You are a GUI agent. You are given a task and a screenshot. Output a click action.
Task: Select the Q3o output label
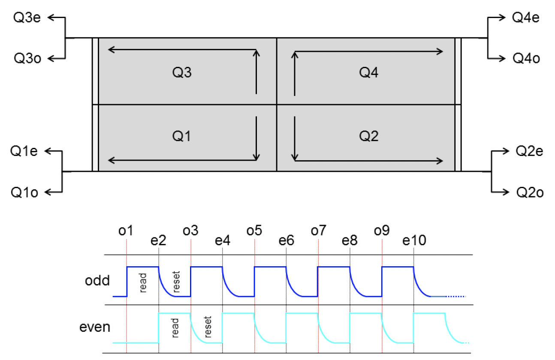[x=27, y=58]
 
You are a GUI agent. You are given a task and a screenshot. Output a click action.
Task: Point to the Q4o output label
[x=526, y=58]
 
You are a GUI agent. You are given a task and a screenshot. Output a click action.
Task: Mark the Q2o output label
[x=530, y=192]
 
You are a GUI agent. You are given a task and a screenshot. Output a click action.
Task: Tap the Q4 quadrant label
[x=368, y=73]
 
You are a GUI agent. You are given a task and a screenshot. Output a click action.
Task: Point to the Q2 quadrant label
[x=368, y=137]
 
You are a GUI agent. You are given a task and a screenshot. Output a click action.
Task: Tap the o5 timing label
[x=254, y=231]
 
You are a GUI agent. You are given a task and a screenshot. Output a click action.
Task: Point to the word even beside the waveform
[x=95, y=327]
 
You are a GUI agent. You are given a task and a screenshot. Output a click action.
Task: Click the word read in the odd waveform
[x=143, y=282]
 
